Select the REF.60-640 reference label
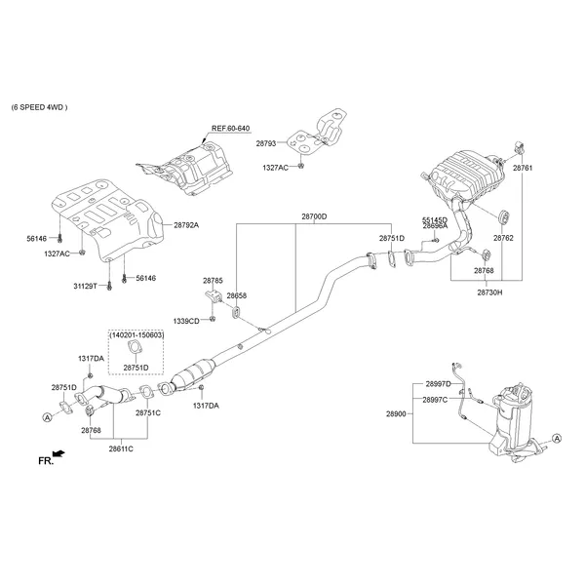click(232, 127)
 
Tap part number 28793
click(267, 143)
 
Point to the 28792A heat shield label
click(186, 225)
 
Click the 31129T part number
click(87, 286)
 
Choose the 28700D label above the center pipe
click(314, 216)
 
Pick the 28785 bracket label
click(213, 280)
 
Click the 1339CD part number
click(186, 320)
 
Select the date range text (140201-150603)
click(136, 334)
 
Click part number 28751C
click(148, 412)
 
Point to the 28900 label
click(396, 413)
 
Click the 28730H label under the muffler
click(490, 292)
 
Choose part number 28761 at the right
click(524, 168)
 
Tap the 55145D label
click(435, 220)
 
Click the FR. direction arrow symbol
click(59, 453)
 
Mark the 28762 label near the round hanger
click(503, 237)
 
